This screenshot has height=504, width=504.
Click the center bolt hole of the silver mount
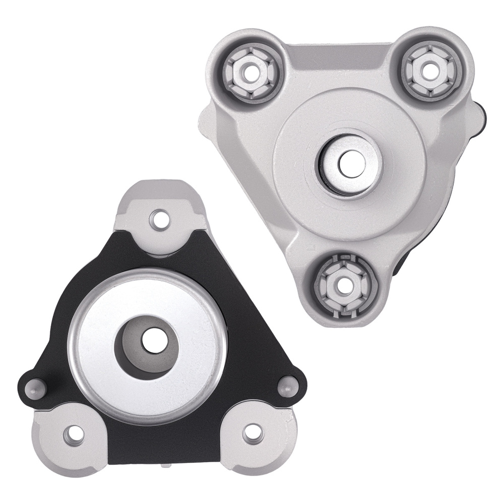347,162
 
